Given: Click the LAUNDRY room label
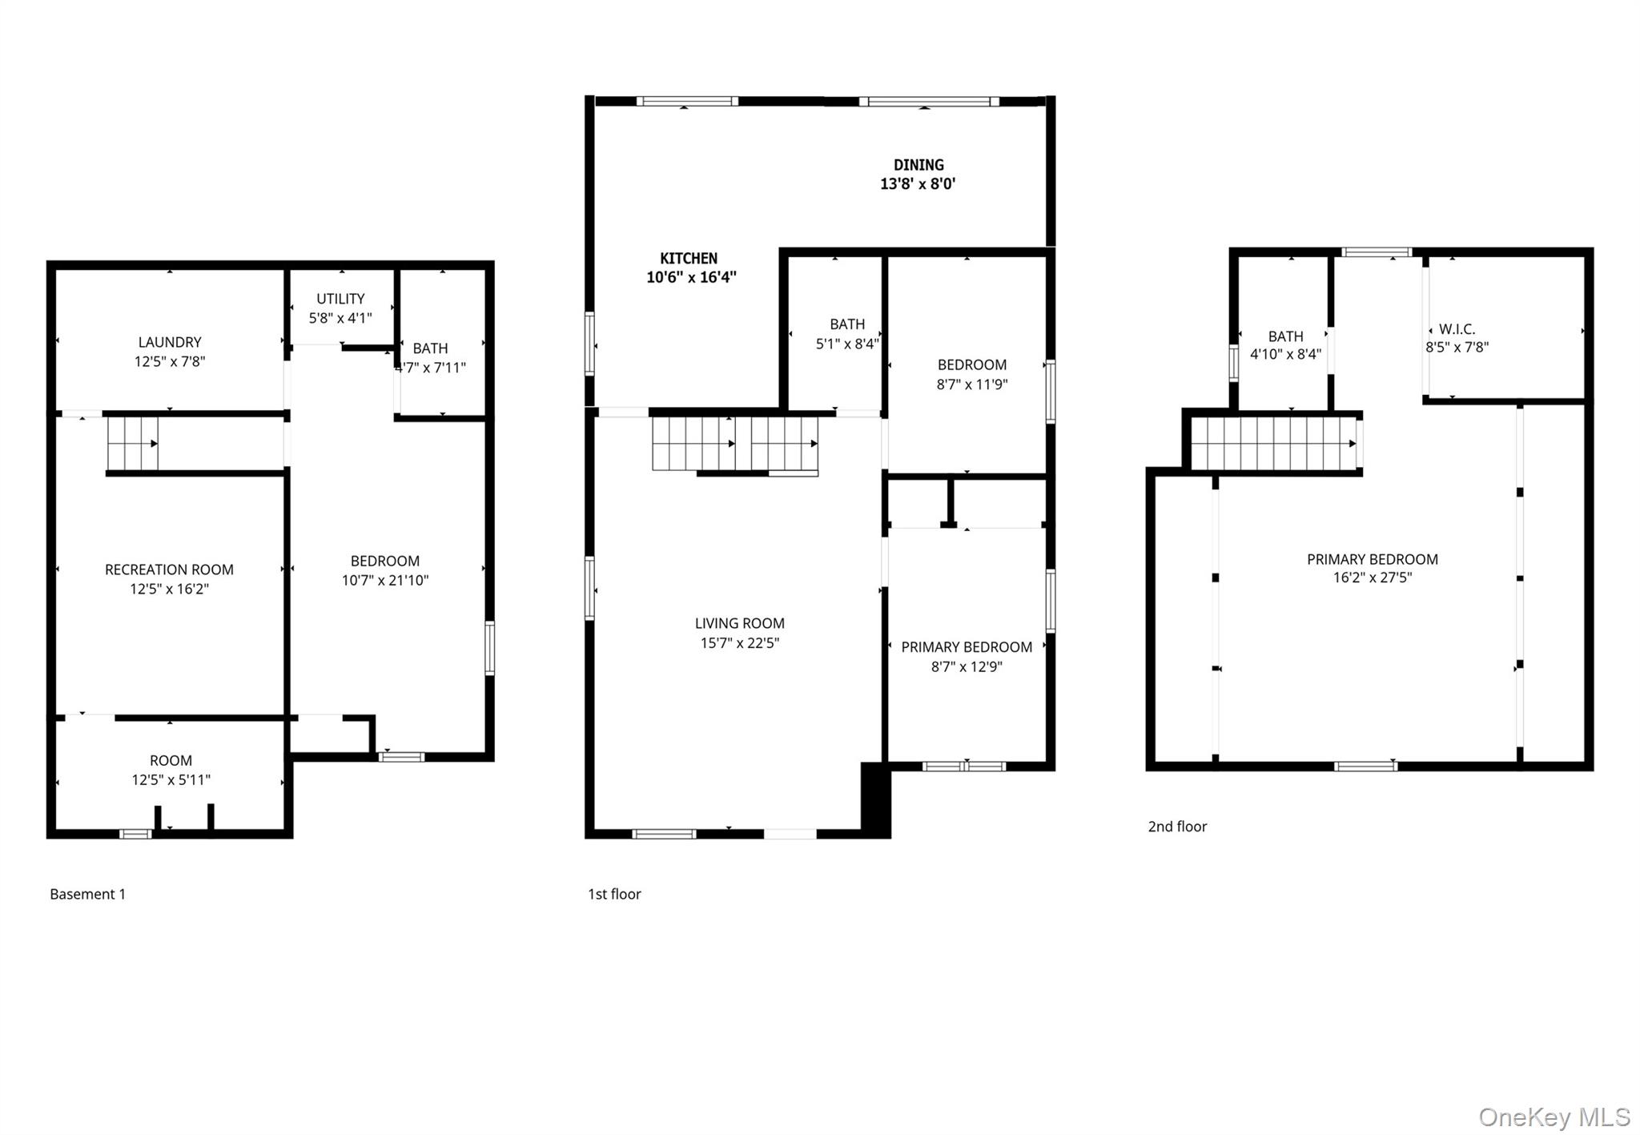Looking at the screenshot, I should (169, 342).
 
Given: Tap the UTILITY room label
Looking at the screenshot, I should (340, 299).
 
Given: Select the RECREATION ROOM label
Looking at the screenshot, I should (169, 570).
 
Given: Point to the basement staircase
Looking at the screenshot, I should (133, 443).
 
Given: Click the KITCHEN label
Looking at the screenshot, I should (689, 258).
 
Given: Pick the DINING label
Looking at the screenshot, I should (918, 165).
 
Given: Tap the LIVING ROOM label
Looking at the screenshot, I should (739, 623).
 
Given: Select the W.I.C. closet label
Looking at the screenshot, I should (1457, 329).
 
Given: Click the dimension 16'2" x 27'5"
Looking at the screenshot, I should (1372, 578).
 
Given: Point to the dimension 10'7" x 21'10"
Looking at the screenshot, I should (385, 580).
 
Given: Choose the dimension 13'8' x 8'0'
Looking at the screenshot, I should (918, 183).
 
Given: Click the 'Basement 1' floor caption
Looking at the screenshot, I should (88, 894).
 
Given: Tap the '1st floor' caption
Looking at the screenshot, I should (614, 894).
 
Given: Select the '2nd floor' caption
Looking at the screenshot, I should (1177, 827).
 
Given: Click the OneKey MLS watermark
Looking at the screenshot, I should (1554, 1117).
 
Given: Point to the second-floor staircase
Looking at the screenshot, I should (1273, 444).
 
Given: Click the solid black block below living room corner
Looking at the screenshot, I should (875, 799).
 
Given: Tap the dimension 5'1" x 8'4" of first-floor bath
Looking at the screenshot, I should (847, 344).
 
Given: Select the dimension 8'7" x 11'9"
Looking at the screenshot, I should (972, 384).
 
